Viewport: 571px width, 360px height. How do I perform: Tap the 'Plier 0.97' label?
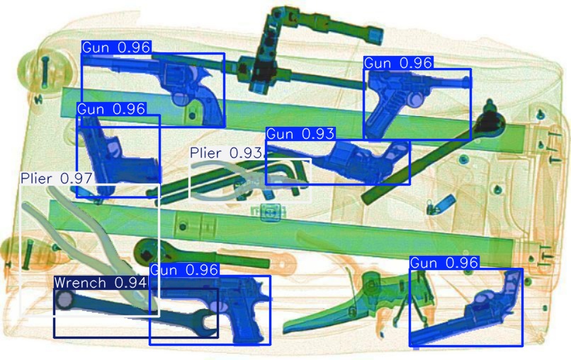[x=57, y=179]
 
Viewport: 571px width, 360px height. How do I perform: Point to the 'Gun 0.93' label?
[x=300, y=134]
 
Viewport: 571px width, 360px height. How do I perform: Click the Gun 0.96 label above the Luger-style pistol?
[x=398, y=63]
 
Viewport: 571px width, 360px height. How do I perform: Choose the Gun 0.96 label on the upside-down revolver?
[x=444, y=263]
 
